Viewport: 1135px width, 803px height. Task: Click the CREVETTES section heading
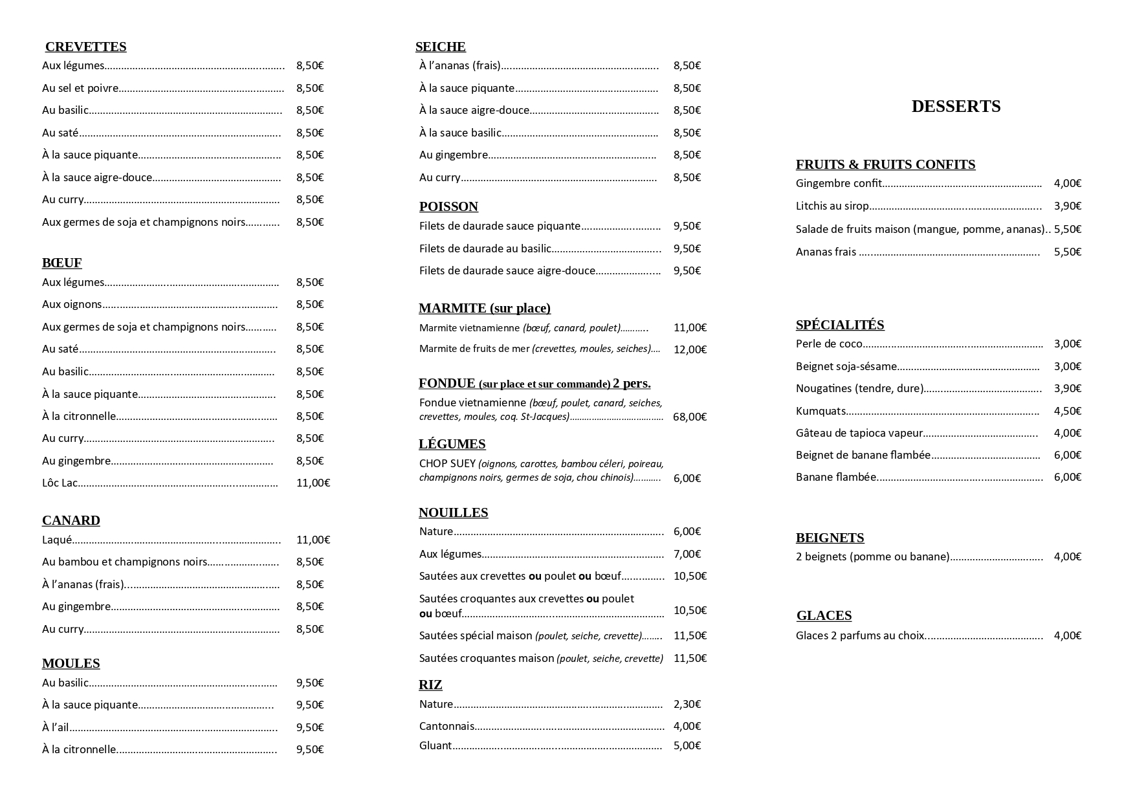[x=85, y=47]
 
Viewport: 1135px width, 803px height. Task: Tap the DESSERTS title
[x=956, y=107]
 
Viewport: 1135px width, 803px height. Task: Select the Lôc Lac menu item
[x=60, y=483]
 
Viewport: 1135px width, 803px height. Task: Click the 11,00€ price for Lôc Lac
[x=313, y=483]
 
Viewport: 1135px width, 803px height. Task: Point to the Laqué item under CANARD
[x=57, y=540]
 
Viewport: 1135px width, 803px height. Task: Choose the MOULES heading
[x=71, y=663]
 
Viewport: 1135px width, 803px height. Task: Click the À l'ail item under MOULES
[x=55, y=727]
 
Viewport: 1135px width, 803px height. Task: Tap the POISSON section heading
[x=448, y=206]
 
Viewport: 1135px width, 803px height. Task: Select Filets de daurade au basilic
[x=485, y=248]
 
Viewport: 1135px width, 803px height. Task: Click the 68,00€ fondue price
[x=689, y=417]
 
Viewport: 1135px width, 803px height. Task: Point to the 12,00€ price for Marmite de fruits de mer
[x=690, y=349]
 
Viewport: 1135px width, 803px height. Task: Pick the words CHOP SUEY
[x=447, y=463]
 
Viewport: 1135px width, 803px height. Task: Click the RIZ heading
[x=430, y=685]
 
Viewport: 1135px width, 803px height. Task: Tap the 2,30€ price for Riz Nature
[x=687, y=704]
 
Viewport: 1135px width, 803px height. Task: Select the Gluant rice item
[x=435, y=745]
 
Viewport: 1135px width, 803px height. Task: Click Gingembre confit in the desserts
[x=838, y=183]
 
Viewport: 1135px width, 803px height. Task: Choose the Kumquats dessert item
[x=821, y=411]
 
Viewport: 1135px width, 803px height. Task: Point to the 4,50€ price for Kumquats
[x=1067, y=411]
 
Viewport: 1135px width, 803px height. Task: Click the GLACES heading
[x=824, y=615]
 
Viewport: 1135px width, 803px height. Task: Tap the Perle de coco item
[x=829, y=344]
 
